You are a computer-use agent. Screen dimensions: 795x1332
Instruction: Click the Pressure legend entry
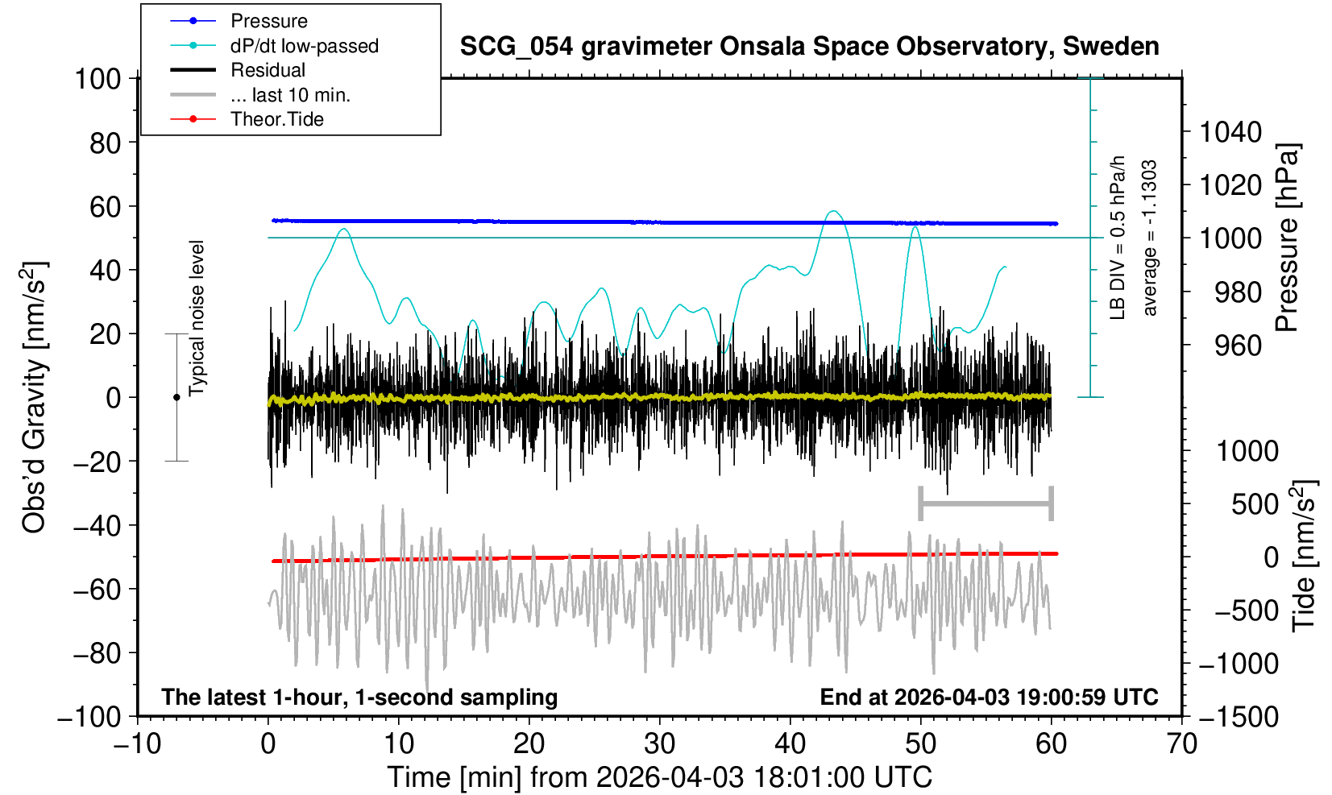[x=268, y=21]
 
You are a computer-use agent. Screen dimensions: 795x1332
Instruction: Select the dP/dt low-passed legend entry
[x=304, y=46]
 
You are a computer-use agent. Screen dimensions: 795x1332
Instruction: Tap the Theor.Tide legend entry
[x=276, y=119]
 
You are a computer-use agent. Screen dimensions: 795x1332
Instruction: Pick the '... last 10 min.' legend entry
[x=289, y=95]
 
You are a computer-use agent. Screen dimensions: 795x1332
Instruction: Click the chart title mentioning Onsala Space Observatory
[x=809, y=47]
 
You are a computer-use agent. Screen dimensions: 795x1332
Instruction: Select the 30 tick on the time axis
[x=659, y=743]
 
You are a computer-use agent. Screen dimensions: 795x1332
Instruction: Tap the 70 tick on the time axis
[x=1181, y=743]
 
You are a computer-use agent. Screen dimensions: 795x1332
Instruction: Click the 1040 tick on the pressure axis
[x=1230, y=132]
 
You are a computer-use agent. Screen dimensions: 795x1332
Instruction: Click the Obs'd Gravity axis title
[x=35, y=397]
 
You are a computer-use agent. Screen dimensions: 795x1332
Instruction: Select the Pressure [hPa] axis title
[x=1288, y=238]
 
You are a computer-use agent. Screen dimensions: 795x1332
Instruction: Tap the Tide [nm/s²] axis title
[x=1305, y=556]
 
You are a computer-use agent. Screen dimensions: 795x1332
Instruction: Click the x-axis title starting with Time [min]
[x=659, y=777]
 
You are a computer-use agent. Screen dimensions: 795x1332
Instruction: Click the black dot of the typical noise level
[x=176, y=397]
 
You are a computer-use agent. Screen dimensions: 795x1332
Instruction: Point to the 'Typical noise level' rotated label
[x=197, y=318]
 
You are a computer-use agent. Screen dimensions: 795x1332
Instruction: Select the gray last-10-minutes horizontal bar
[x=986, y=504]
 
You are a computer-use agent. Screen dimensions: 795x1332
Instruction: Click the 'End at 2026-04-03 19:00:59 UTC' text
[x=989, y=697]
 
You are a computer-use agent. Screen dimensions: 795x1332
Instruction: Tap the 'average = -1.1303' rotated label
[x=1150, y=238]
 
